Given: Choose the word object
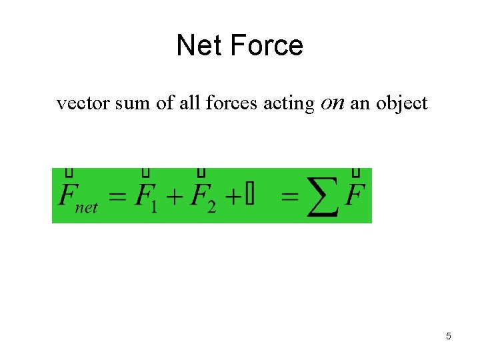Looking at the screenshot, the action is [402, 104].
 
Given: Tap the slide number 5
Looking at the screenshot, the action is [449, 336].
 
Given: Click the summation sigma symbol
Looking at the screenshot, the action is [323, 197].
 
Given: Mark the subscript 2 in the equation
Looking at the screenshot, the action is [211, 207].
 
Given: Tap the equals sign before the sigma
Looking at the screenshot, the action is [290, 198].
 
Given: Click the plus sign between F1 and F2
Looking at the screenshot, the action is [175, 198].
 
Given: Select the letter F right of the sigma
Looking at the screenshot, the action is [356, 195].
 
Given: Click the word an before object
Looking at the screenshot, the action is [361, 104].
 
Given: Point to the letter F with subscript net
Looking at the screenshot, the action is [67, 195].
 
